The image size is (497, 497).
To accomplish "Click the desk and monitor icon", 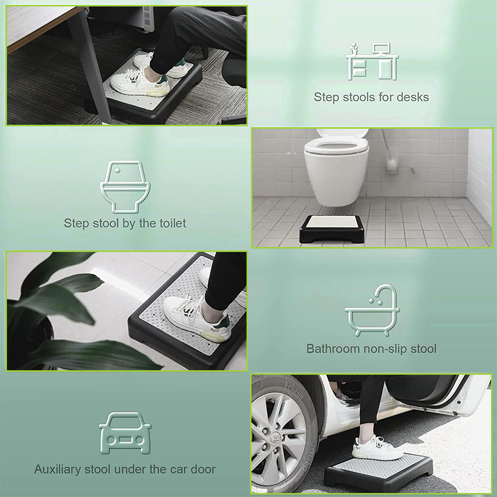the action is coord(372,61).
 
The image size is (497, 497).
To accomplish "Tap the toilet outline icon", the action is coord(125,187).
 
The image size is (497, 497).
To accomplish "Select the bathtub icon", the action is coord(372,310).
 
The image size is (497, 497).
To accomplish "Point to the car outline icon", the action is coord(125,433).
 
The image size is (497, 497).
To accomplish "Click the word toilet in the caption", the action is coord(172,223).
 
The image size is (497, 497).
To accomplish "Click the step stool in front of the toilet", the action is coord(332,229).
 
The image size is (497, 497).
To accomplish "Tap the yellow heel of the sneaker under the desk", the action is coord(158,92).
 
